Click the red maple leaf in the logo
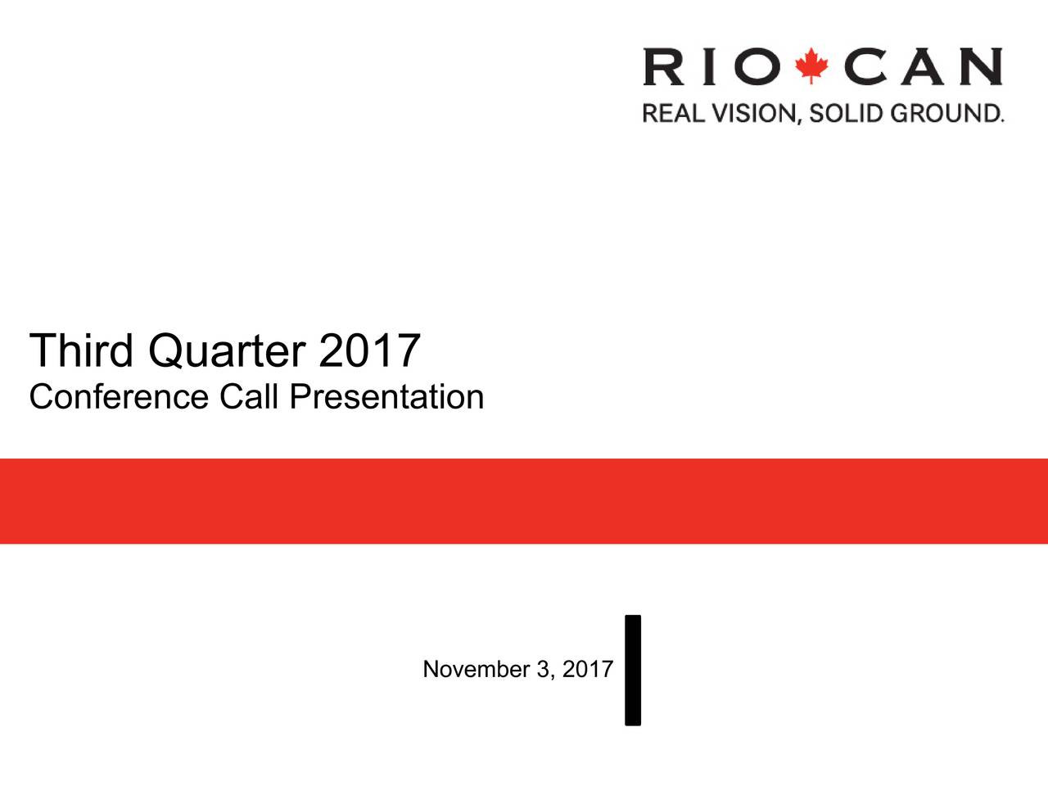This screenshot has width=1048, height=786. click(811, 65)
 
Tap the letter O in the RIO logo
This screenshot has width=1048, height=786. click(757, 66)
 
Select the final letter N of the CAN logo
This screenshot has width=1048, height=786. click(981, 66)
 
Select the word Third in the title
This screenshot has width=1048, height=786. click(81, 350)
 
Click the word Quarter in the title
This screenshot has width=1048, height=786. click(228, 352)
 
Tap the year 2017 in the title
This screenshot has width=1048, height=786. click(369, 350)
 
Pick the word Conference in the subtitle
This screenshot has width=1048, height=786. click(119, 396)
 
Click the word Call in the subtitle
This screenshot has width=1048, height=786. click(249, 396)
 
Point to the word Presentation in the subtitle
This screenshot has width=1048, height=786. click(386, 396)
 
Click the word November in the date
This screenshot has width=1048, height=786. click(477, 669)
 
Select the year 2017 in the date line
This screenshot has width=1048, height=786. click(588, 669)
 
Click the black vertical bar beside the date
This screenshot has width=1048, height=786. click(633, 671)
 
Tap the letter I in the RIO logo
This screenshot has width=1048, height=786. click(709, 66)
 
